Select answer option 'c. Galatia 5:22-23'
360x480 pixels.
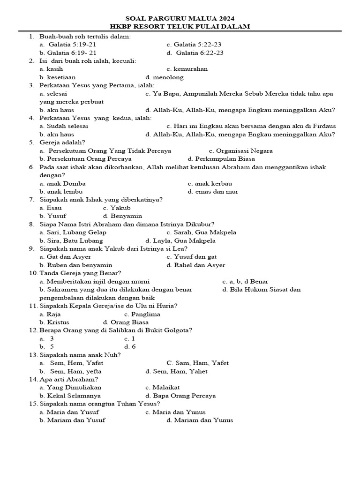[194, 45]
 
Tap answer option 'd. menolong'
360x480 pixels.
[165, 77]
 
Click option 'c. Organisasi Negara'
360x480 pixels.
[240, 151]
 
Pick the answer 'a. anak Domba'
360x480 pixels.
[62, 184]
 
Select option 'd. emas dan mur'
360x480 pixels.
[213, 192]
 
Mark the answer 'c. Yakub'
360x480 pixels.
[117, 208]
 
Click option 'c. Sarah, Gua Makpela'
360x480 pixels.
[201, 232]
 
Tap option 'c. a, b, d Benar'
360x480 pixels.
[245, 282]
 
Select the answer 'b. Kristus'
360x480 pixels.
[54, 322]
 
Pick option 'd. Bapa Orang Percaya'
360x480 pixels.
[180, 396]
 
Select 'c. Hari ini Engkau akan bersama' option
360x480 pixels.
[251, 126]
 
